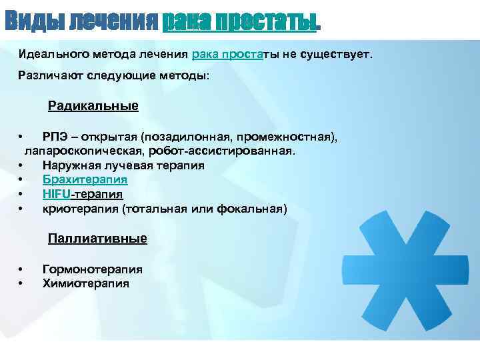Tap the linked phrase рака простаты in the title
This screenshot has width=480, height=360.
point(239,22)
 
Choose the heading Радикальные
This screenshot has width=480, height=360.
point(93,106)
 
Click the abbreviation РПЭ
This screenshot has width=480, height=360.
point(54,137)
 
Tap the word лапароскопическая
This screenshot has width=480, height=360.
point(85,151)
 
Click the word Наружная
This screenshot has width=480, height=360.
point(70,165)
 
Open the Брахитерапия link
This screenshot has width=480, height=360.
point(85,180)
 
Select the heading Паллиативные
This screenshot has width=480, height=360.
point(97,238)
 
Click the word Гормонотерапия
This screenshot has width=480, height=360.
point(93,269)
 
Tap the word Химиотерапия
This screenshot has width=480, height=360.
point(86,283)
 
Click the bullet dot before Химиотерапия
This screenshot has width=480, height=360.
point(22,284)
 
